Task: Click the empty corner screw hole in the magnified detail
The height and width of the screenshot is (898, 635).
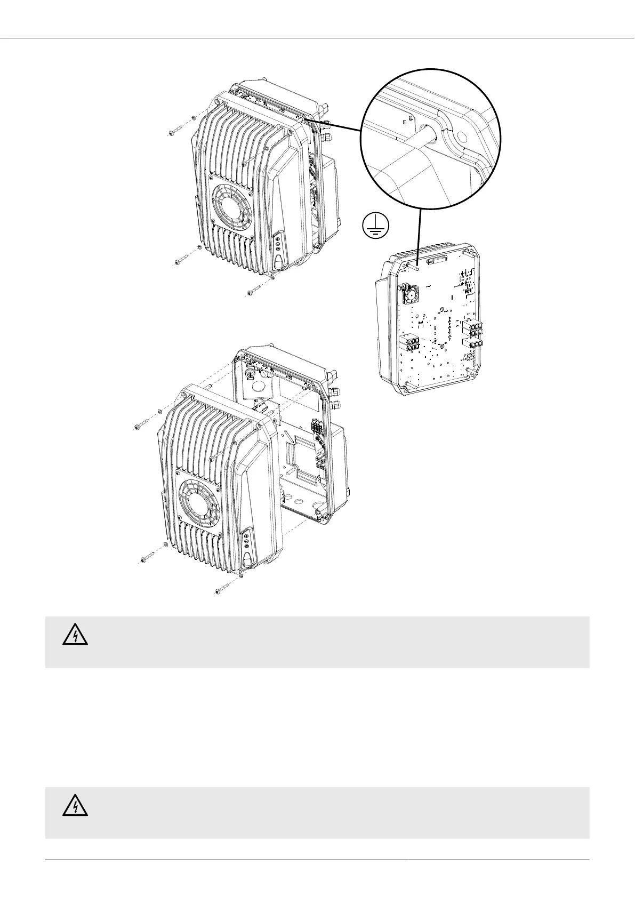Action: pos(462,137)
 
